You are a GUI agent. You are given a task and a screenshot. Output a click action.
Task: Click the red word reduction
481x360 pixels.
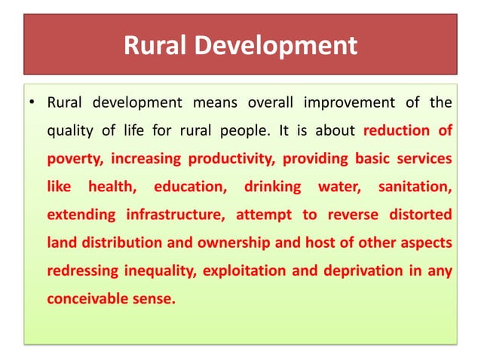(x=397, y=130)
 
